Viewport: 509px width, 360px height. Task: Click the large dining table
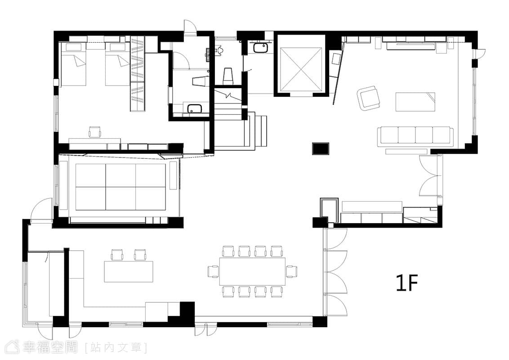pos(252,272)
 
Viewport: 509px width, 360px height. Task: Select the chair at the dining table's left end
pos(213,272)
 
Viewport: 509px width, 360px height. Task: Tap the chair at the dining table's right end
pos(291,272)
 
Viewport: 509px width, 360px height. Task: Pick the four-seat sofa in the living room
pos(415,136)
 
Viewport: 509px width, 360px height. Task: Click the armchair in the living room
pos(369,98)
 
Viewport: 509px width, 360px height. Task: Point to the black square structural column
pos(321,148)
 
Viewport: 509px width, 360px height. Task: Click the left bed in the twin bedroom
pos(74,65)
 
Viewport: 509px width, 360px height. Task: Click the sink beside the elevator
pos(260,49)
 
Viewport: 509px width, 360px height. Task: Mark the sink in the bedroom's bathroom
pos(194,108)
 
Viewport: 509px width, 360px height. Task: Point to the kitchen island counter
pos(129,271)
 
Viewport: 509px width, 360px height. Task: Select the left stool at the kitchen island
pos(117,255)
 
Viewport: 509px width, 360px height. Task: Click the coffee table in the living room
pos(415,102)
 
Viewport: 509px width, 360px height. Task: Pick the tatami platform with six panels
pos(121,187)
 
